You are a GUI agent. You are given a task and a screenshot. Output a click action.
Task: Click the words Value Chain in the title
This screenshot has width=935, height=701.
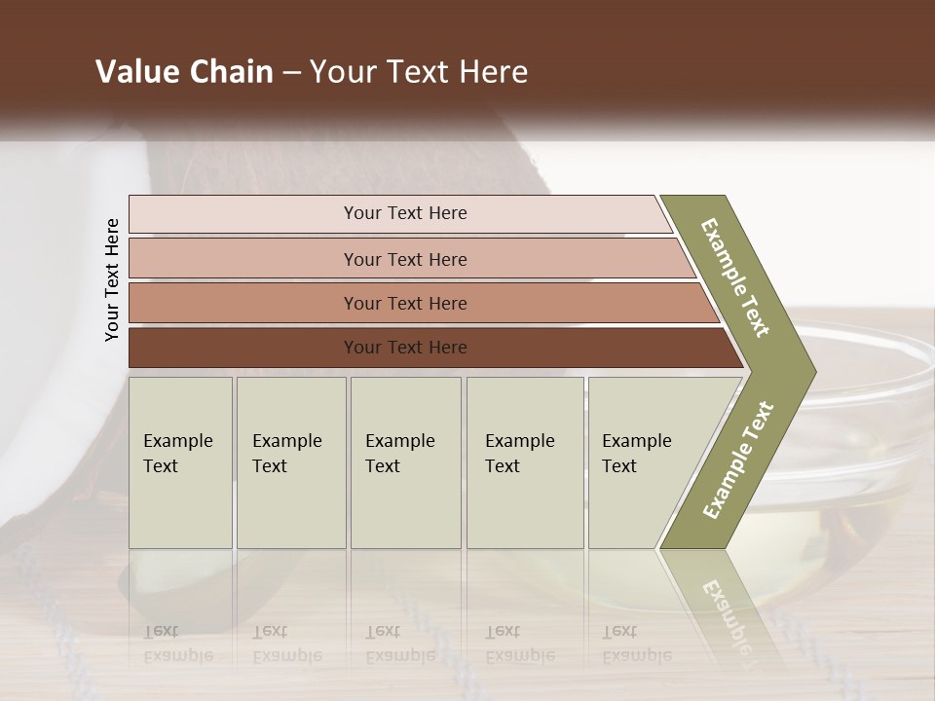click(x=184, y=72)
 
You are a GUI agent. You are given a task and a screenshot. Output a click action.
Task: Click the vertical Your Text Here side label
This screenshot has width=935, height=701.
click(x=112, y=279)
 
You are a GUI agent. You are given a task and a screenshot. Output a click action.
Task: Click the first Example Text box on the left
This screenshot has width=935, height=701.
click(x=180, y=462)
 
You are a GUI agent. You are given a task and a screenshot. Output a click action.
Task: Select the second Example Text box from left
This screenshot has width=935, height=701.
click(x=290, y=462)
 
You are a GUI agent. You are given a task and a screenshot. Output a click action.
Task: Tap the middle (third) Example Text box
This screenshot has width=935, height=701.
click(x=405, y=462)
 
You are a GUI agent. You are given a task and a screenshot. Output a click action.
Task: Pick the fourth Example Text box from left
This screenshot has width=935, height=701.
click(x=525, y=462)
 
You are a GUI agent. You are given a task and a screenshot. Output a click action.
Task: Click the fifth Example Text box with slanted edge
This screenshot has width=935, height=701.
click(x=643, y=462)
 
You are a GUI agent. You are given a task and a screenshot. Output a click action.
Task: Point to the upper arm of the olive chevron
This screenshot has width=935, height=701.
click(x=735, y=277)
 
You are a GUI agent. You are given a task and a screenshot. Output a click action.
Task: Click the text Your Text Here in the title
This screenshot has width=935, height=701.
click(x=419, y=72)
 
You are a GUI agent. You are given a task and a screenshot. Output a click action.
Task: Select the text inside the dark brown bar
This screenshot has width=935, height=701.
click(x=405, y=348)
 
